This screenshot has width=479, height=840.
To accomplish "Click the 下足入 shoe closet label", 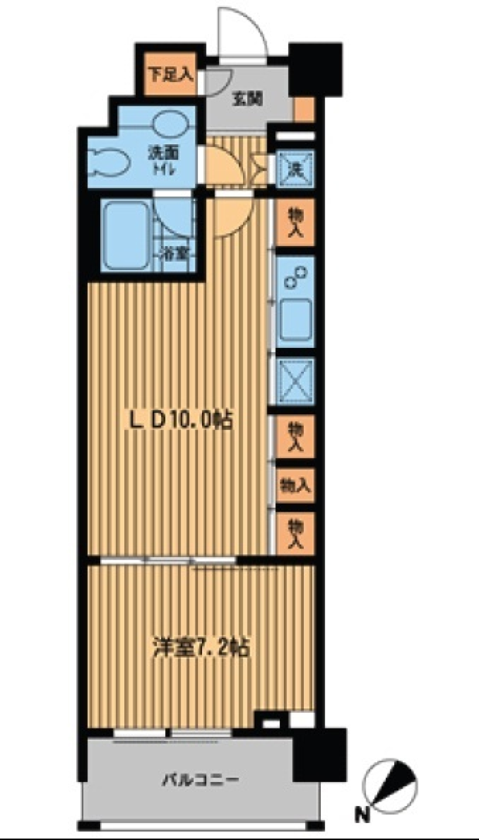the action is click(171, 75).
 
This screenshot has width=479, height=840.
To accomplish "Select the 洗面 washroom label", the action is click(163, 153).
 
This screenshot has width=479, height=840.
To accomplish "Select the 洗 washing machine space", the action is click(295, 169).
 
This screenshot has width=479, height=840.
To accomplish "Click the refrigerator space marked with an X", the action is click(295, 381).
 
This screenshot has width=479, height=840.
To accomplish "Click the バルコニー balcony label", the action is click(200, 779).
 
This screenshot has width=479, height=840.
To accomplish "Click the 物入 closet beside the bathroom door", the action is click(295, 223).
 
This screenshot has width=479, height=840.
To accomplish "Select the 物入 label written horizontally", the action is click(295, 486).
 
